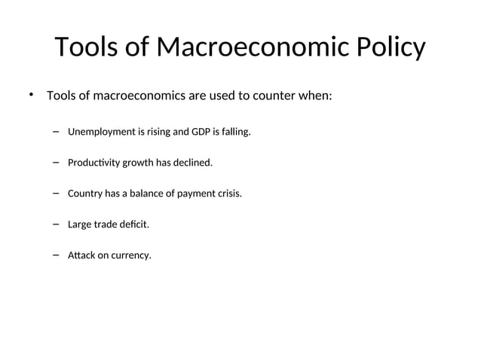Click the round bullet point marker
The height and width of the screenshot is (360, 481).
tap(31, 95)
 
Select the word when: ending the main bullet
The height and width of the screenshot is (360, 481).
tap(324, 96)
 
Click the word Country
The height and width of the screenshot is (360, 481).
tap(85, 194)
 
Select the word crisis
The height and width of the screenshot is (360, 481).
tap(229, 194)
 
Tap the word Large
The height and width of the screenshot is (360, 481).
tap(79, 224)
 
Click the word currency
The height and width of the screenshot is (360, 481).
tap(130, 255)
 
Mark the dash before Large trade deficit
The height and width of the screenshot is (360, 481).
tap(57, 224)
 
